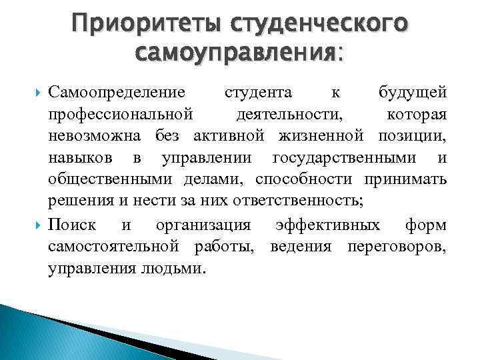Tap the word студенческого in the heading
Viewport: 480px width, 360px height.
click(x=316, y=25)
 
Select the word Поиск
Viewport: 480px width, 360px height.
click(x=72, y=225)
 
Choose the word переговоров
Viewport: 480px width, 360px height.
click(x=396, y=247)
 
